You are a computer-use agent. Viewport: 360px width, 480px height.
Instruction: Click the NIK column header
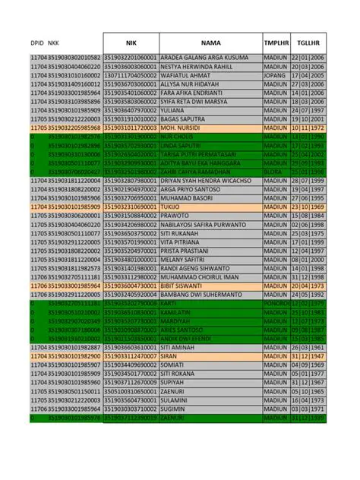click(131, 43)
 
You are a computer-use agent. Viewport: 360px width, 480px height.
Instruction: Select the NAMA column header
click(210, 43)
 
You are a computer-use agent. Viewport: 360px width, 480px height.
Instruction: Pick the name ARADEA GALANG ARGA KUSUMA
click(205, 58)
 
